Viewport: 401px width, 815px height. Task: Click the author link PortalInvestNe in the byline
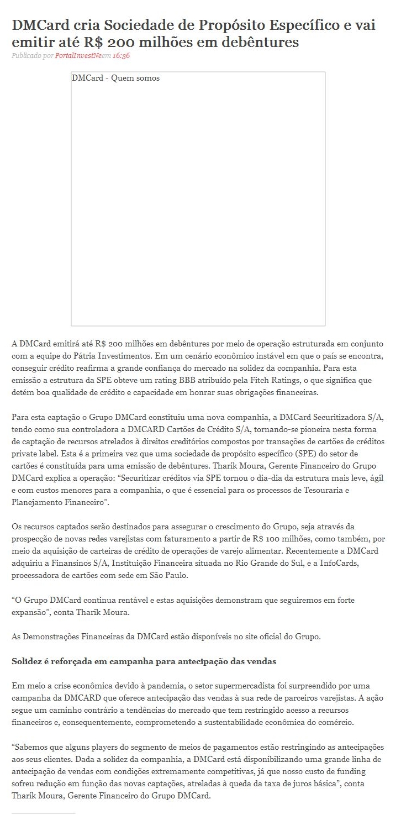pos(78,56)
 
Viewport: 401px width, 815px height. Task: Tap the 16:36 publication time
pos(121,56)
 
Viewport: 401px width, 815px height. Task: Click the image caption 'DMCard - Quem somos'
pos(115,78)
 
